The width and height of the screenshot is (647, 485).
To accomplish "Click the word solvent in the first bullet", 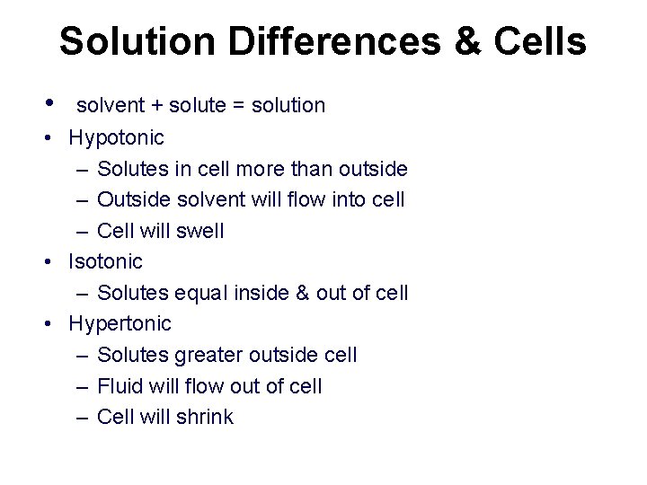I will coord(110,106).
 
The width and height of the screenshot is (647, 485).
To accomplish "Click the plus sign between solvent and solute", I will coord(156,106).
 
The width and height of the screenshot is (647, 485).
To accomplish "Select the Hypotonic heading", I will coord(117,137).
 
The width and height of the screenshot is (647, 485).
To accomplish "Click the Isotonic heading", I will coord(106,261).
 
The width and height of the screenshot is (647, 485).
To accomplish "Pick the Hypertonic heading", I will coord(120,323).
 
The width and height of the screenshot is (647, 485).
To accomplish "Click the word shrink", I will coord(205,417).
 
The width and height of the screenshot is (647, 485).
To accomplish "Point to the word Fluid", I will coord(118,386).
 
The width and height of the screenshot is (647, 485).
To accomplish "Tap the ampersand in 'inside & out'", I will coord(303,293).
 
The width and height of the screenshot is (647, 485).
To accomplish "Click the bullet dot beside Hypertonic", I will coord(56,323).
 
